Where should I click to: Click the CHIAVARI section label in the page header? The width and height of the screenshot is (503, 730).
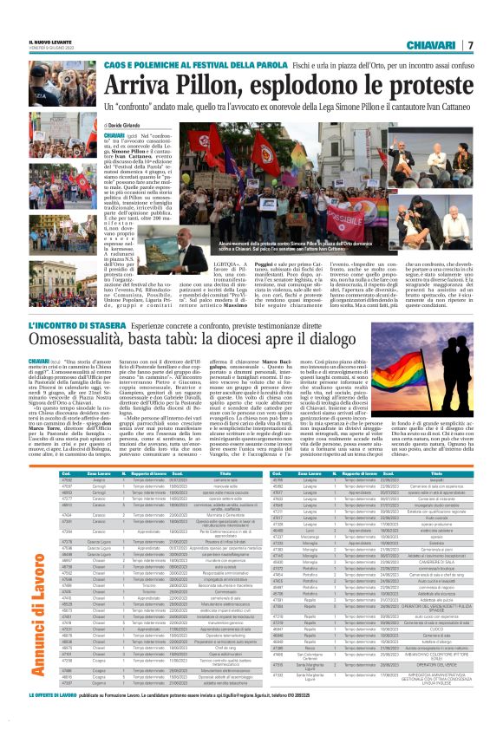[439, 44]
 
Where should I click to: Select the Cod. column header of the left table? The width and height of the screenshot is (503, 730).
[66, 474]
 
